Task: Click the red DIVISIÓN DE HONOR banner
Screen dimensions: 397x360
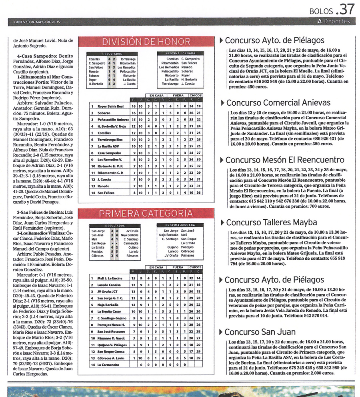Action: coord(146,42)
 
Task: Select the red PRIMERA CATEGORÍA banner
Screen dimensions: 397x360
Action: coord(146,214)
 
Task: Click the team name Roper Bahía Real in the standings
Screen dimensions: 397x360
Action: coord(108,106)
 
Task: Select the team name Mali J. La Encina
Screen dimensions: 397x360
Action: coord(110,278)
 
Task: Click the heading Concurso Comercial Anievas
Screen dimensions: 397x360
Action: coord(272,103)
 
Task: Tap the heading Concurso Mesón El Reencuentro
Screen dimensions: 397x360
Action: coord(284,160)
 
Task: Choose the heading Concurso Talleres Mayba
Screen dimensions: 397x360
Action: coord(271,223)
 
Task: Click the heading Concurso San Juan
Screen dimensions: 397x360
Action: coord(260,332)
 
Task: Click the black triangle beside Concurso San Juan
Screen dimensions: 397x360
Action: coord(222,332)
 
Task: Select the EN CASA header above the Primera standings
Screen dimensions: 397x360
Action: coord(156,267)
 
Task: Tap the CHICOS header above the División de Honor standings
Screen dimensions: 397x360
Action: coord(196,95)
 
